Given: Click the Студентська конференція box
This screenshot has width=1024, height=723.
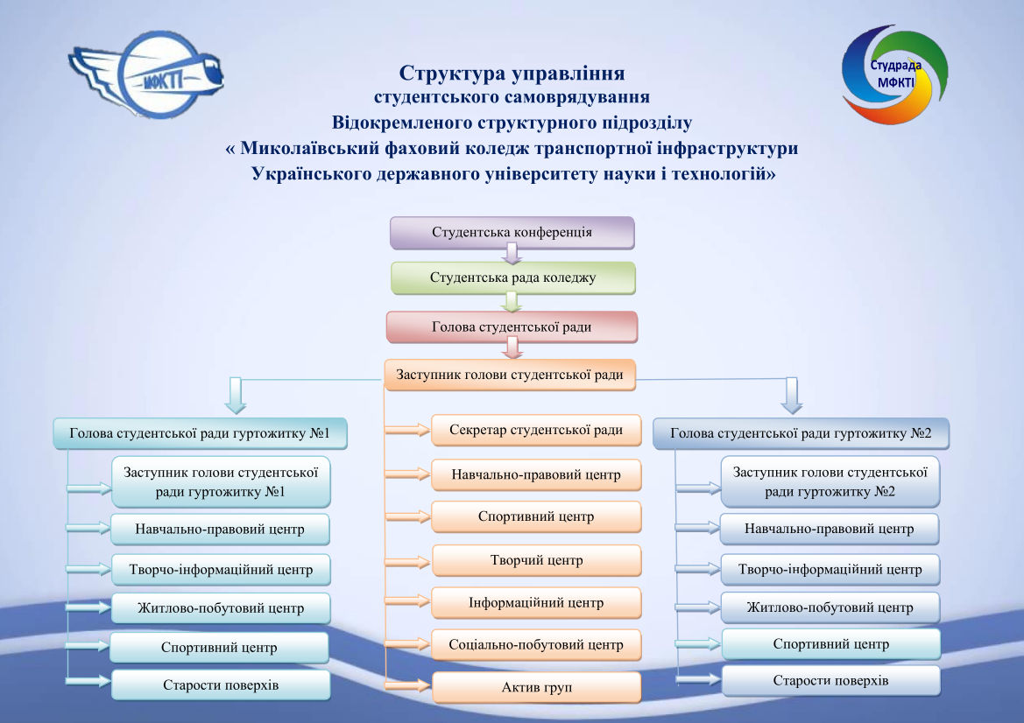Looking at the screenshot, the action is pos(512,232).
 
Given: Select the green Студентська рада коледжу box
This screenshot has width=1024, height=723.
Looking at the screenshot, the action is pos(512,278).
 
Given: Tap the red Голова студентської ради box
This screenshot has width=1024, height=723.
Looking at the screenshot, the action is pos(512,326).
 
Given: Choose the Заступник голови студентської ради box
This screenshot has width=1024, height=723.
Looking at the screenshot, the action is pos(510,375).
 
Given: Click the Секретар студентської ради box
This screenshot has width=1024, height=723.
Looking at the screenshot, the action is pos(536,430).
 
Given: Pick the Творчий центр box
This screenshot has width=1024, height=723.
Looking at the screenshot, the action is pos(536,560).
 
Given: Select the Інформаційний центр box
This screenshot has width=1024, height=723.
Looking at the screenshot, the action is pos(536,603).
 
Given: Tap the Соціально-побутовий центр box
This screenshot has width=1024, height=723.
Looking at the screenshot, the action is pos(536,645).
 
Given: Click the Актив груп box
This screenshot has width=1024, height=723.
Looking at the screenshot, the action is pos(536,687).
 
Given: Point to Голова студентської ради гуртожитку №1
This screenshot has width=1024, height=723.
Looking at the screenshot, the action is pos(200,433).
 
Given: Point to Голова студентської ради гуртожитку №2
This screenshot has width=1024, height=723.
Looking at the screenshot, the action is pos(801,433).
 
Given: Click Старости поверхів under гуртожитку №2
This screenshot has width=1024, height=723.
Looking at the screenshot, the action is pos(830,681).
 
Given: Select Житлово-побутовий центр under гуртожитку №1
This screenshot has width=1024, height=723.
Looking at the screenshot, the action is pos(221,608).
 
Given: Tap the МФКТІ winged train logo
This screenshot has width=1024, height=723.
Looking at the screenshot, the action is pos(146,74).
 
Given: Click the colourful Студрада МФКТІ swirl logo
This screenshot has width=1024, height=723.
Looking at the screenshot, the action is pos(894,74).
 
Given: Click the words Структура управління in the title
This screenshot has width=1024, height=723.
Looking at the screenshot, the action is pos(512,73).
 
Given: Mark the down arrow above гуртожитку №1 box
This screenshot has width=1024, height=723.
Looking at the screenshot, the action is pos(235,396).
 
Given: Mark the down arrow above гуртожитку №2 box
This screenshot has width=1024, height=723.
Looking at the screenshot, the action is pos(792,396).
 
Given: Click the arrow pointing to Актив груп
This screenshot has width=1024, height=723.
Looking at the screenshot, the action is pos(407,685).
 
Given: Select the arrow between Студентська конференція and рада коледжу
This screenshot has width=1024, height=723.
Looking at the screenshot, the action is pos(512,254).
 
